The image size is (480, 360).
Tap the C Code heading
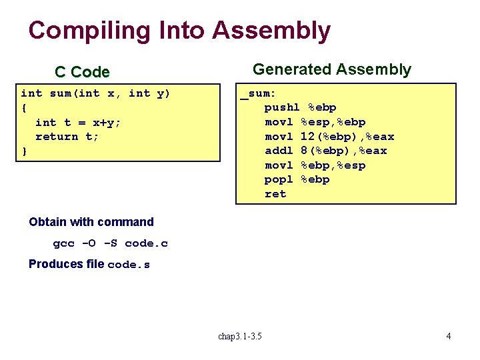coord(82,72)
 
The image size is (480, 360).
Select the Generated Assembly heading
coord(332,69)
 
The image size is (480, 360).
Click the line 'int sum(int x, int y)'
coord(95,93)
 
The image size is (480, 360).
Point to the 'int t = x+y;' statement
coord(78,122)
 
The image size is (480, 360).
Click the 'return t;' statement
coord(67,137)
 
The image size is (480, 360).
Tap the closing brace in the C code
coord(25,151)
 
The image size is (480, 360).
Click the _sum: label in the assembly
coord(258,93)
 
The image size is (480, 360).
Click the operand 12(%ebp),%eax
coord(347,137)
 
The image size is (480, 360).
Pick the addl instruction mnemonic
coord(279,151)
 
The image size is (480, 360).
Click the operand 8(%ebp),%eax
coord(343,151)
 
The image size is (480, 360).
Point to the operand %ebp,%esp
coord(333,165)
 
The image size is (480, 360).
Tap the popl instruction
coord(279,180)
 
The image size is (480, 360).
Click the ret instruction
coord(275,194)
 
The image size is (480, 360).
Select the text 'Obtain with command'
coord(91,222)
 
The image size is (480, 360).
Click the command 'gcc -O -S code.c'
coord(111,243)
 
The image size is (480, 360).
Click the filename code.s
coord(129,265)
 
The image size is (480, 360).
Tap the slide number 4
coord(448,336)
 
